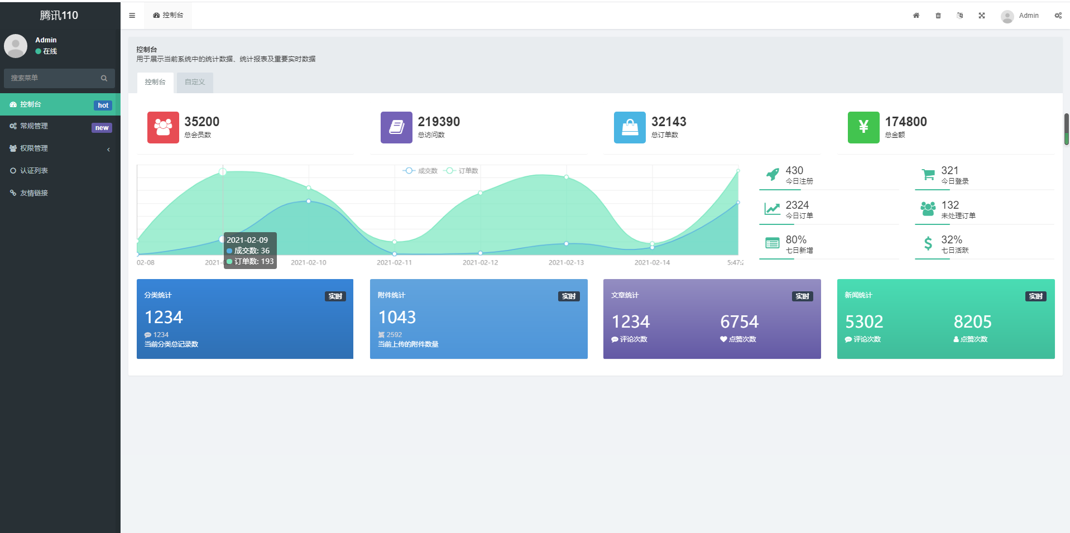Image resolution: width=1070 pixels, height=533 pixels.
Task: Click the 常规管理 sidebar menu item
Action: click(34, 126)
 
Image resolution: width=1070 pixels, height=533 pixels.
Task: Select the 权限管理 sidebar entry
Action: click(34, 148)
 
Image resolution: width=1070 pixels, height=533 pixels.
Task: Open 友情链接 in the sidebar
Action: click(34, 193)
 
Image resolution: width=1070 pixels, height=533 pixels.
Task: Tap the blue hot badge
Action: click(103, 105)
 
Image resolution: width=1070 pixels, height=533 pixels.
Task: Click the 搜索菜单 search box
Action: click(53, 78)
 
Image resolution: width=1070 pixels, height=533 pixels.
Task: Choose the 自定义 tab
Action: click(195, 82)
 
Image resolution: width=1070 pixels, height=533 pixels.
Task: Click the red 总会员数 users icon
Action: click(163, 127)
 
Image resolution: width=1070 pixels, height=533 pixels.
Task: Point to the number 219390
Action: click(439, 122)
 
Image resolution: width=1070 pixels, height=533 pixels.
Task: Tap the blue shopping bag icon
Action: click(630, 127)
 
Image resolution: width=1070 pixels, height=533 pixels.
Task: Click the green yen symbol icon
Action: click(863, 127)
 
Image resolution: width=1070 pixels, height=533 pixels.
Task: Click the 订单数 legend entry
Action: click(462, 171)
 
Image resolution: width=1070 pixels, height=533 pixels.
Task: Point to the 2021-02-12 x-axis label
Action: click(480, 262)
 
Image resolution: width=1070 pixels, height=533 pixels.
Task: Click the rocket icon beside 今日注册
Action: click(772, 175)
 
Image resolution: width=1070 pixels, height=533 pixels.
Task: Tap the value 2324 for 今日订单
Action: click(797, 205)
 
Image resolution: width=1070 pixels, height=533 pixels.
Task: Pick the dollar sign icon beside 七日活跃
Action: click(928, 243)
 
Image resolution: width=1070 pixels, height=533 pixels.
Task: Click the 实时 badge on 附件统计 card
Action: click(569, 296)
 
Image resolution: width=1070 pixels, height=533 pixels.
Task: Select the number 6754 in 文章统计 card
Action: click(739, 321)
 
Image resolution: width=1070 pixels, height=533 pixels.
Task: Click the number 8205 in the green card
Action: click(972, 321)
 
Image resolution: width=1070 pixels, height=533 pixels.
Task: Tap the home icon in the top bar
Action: click(916, 16)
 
